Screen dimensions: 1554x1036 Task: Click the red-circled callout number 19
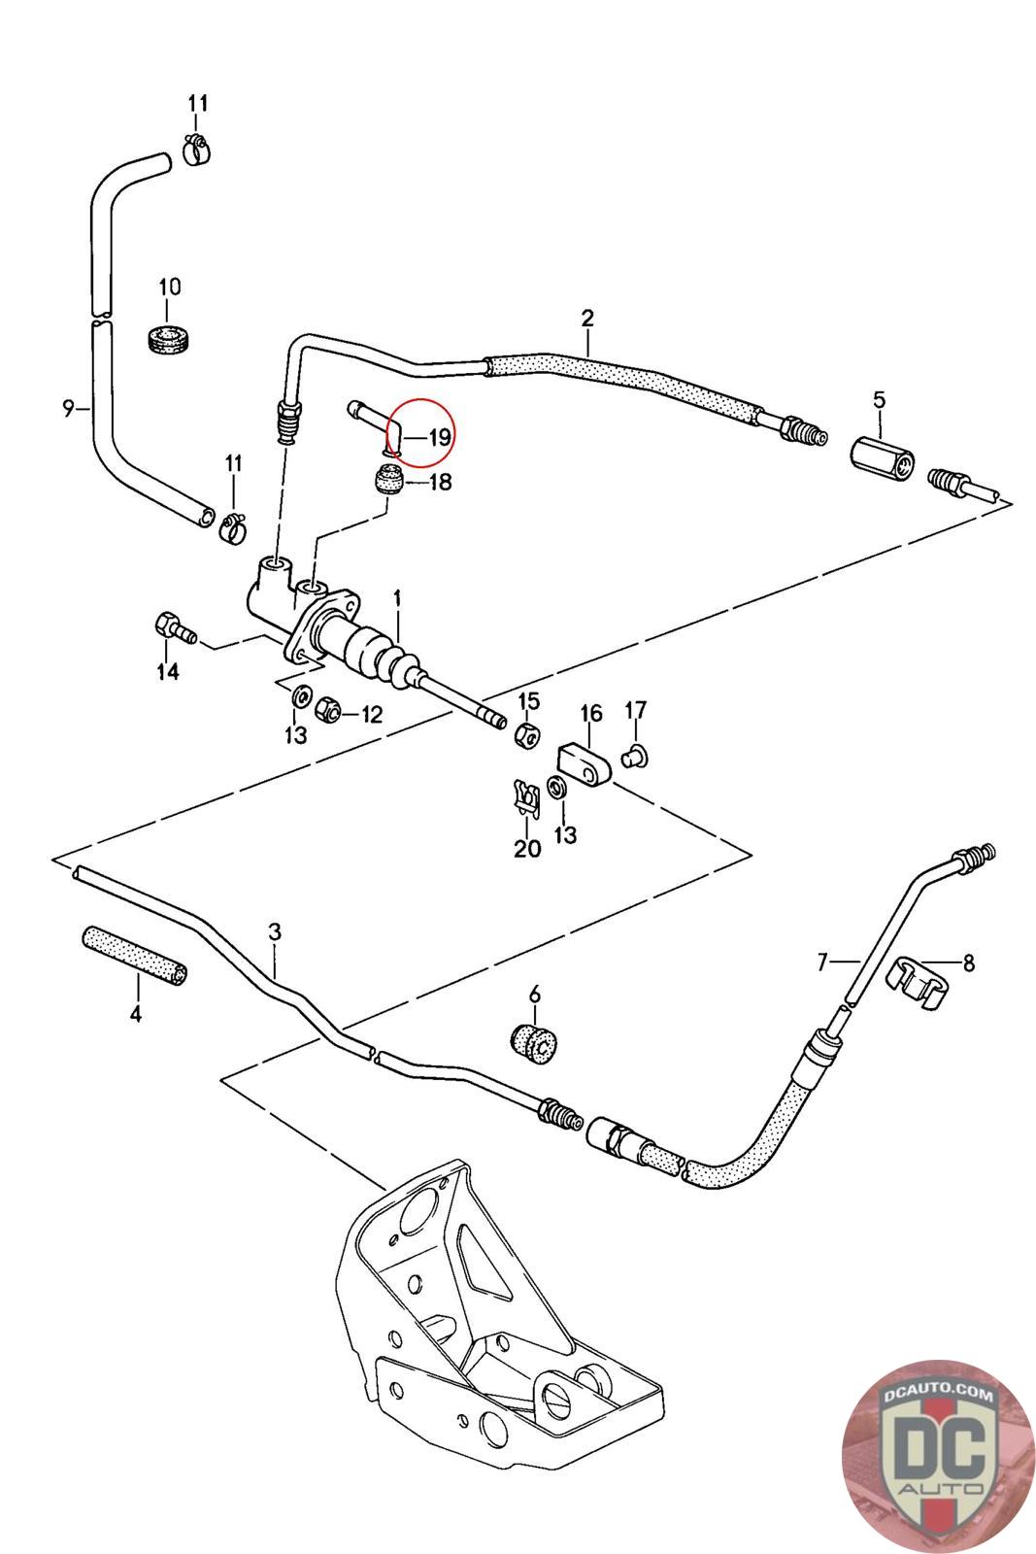(439, 437)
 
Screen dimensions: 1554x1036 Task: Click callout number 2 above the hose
(587, 318)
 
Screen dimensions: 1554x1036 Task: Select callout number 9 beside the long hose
(68, 408)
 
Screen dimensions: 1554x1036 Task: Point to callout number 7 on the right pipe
(822, 963)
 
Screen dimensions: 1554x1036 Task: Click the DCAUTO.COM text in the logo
(939, 1395)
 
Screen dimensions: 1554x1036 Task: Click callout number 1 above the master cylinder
(396, 596)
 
